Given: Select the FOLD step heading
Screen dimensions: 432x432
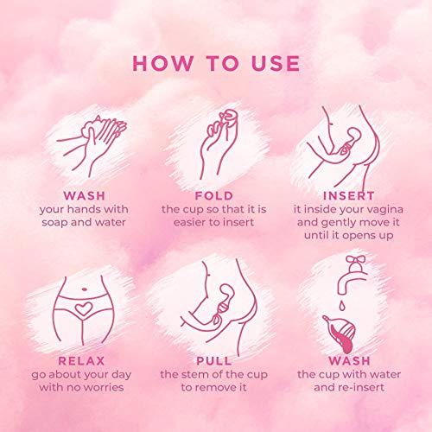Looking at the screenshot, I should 213,195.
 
